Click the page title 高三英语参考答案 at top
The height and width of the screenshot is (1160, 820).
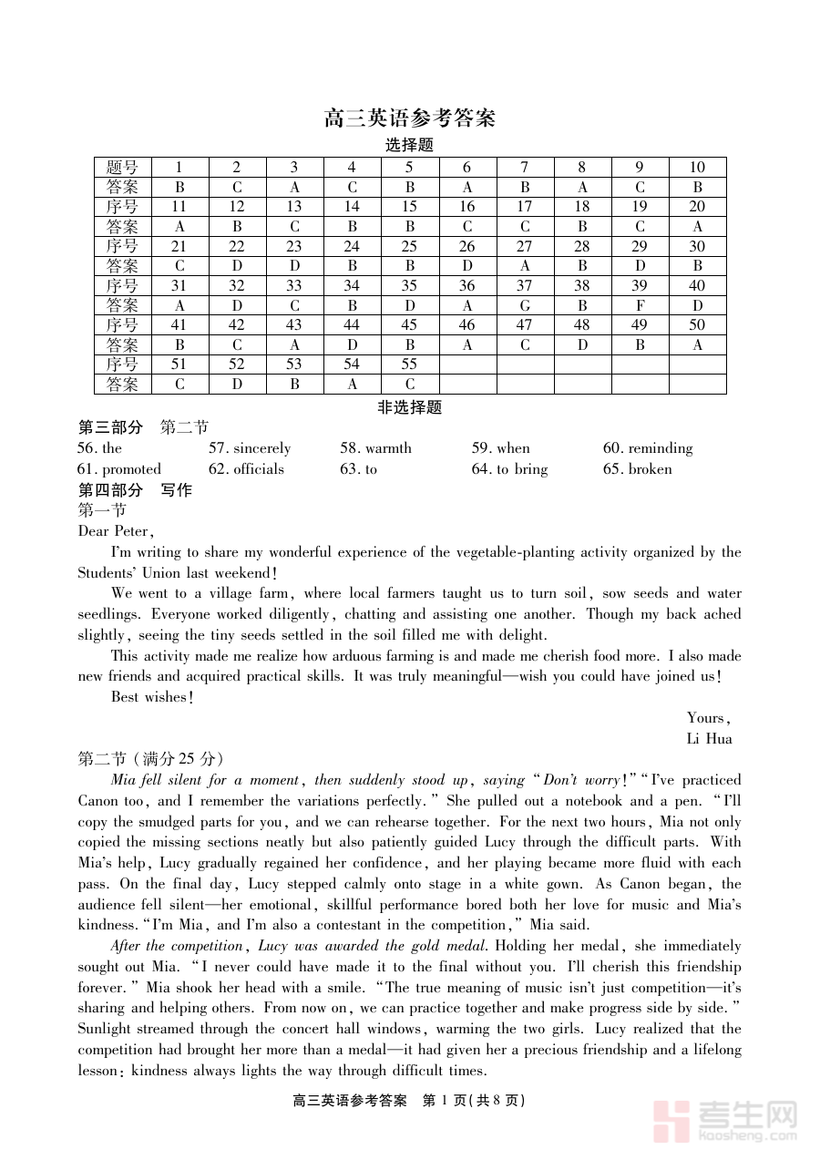(x=409, y=118)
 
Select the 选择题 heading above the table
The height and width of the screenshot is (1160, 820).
(x=409, y=145)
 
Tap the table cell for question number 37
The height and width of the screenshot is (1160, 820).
(x=525, y=285)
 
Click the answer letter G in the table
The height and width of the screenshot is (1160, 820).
(x=525, y=305)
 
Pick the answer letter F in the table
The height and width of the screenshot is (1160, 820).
(x=640, y=305)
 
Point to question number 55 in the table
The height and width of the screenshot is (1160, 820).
(x=409, y=364)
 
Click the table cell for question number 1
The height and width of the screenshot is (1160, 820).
(x=179, y=167)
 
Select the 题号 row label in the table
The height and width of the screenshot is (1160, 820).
(x=122, y=167)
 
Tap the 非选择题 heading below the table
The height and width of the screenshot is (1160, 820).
(x=409, y=407)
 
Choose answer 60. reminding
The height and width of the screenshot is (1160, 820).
(x=648, y=448)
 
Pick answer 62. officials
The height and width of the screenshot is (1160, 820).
(x=246, y=469)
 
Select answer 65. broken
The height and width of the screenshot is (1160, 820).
(x=637, y=469)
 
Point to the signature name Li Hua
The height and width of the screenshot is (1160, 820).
(x=709, y=738)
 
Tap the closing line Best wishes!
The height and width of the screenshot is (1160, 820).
(x=152, y=697)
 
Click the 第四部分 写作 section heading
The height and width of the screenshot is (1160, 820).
(x=135, y=490)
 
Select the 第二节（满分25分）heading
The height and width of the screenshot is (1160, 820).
(x=150, y=759)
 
